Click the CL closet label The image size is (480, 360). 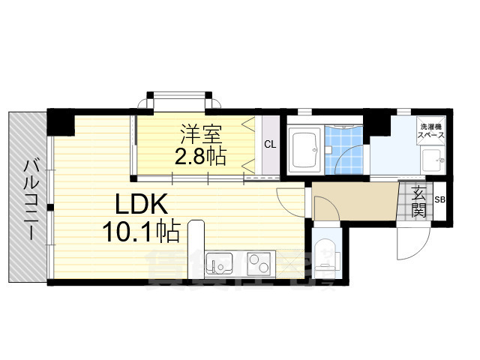coord(268,145)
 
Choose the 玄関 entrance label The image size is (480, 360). coord(418,201)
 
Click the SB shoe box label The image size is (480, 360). coord(439,200)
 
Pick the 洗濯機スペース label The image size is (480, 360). coord(432,133)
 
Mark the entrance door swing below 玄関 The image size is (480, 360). coord(409,240)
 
